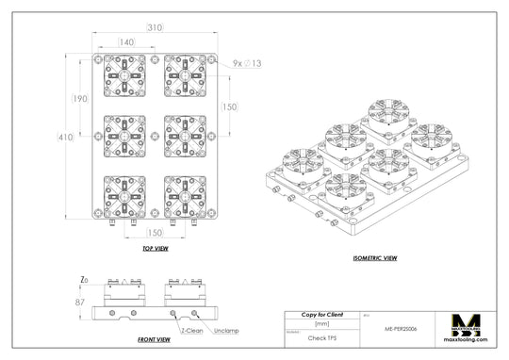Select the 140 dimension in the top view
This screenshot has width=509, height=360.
tap(125, 42)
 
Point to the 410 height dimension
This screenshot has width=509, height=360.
tap(64, 138)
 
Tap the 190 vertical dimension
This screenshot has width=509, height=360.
tap(80, 99)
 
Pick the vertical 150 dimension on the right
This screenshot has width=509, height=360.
tap(229, 107)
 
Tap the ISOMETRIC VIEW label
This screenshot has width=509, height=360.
tap(375, 257)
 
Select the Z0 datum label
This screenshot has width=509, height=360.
tap(84, 280)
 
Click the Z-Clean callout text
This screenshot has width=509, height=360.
tap(192, 331)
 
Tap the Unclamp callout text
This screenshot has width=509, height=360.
tap(226, 331)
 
